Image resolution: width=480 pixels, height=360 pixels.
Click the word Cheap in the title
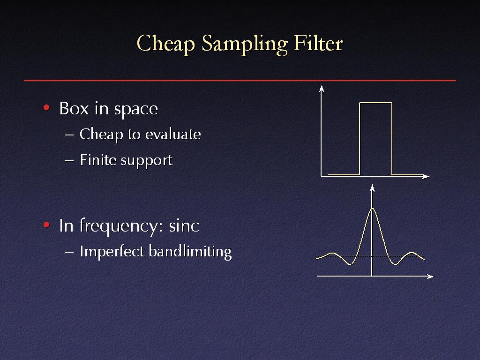165,44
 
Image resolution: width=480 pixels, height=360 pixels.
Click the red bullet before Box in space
46,107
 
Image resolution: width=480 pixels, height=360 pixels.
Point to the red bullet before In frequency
46,225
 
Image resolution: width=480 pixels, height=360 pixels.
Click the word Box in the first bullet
74,108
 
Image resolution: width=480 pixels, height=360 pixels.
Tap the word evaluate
173,134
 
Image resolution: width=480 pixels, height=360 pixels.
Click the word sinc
184,225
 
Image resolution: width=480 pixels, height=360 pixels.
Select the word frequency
118,226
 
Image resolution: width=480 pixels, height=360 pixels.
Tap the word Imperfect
112,251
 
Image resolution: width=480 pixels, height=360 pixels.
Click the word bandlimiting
190,252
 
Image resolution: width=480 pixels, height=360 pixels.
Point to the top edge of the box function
375,103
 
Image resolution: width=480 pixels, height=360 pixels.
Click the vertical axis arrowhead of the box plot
322,89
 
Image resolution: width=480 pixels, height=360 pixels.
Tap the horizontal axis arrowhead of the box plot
426,177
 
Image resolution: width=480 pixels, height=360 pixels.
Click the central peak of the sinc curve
372,209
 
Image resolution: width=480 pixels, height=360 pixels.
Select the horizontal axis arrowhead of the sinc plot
430,277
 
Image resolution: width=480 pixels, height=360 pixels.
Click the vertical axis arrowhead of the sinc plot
372,188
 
